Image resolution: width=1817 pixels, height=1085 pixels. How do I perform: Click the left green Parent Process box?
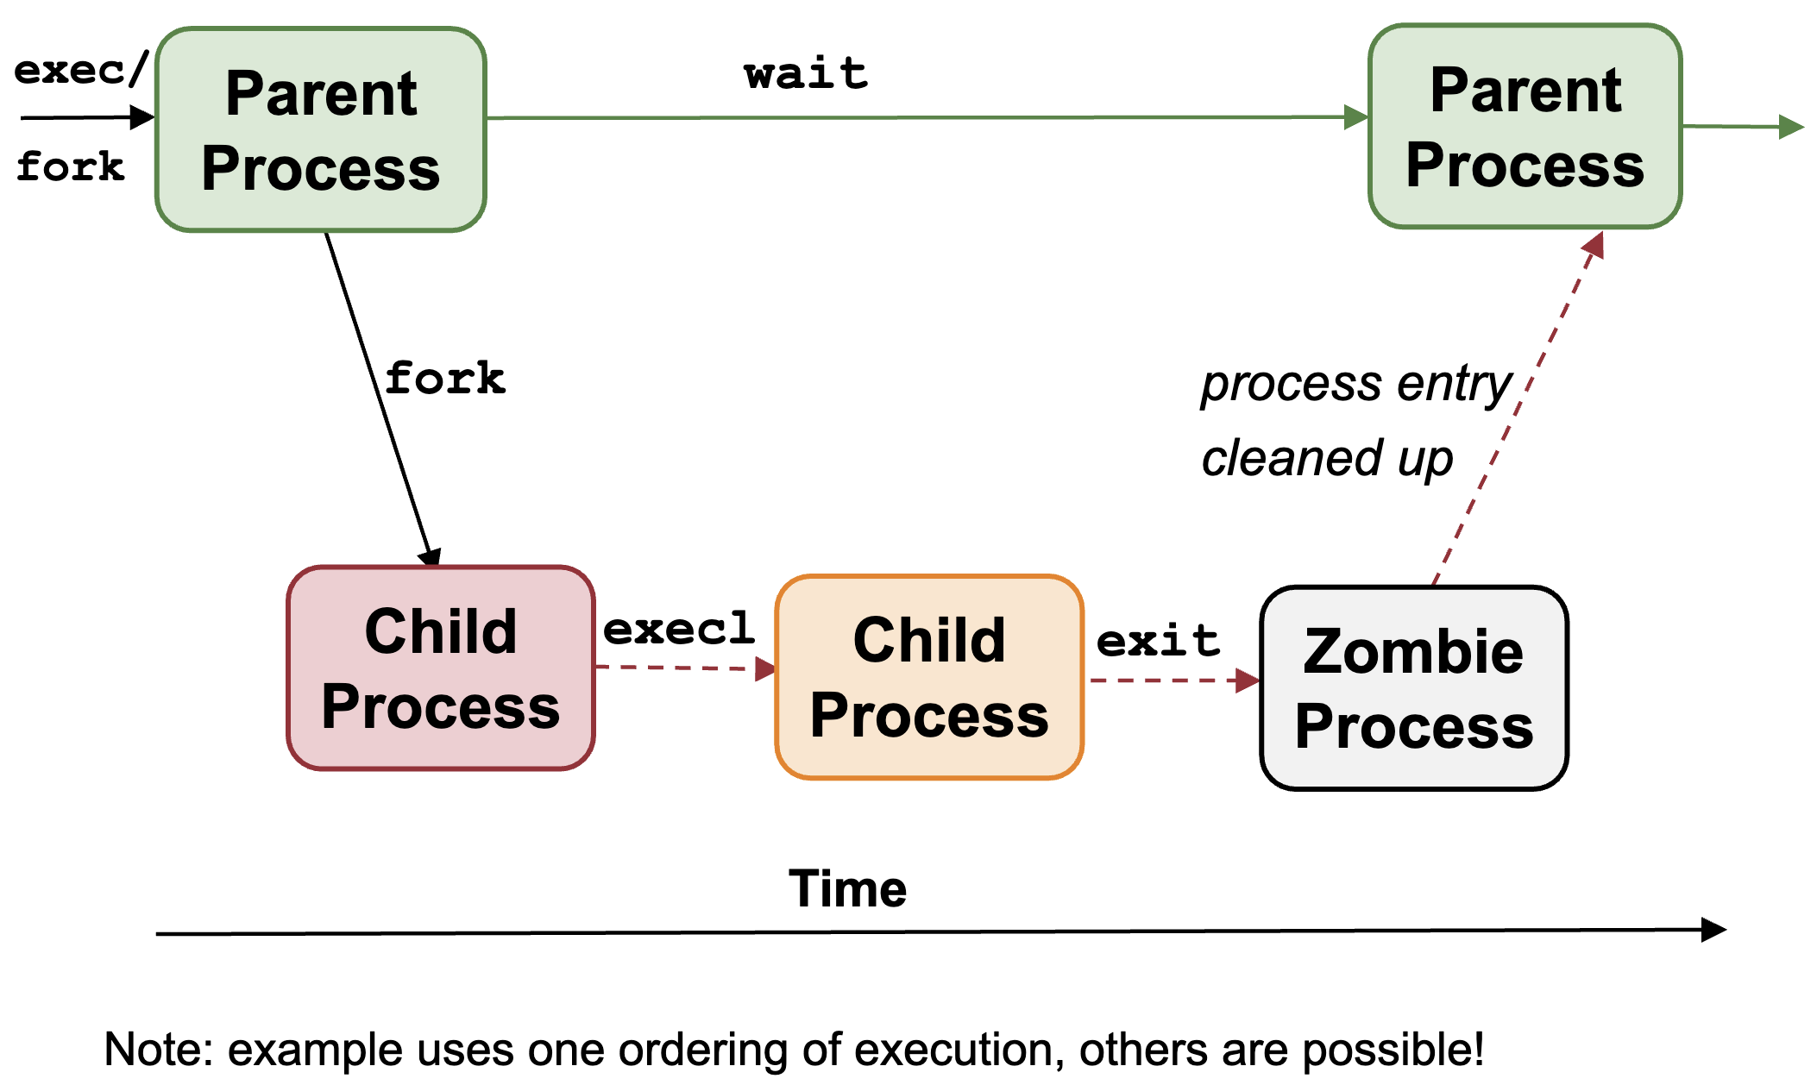pos(321,130)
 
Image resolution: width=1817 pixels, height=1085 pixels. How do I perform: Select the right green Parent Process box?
pos(1525,127)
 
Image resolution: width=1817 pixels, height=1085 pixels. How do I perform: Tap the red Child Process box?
pos(441,668)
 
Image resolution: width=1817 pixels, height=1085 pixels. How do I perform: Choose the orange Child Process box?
pos(929,678)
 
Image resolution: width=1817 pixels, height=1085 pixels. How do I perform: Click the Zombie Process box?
pos(1414,688)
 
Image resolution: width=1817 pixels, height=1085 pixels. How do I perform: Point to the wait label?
pos(806,73)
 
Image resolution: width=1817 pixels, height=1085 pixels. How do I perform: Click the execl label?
pos(679,628)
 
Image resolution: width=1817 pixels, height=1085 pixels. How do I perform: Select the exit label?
pos(1158,641)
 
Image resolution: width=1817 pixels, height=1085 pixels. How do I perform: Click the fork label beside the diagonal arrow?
pos(445,378)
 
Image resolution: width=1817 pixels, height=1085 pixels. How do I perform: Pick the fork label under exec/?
pos(71,166)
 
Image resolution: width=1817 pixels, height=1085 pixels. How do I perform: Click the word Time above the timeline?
pos(848,888)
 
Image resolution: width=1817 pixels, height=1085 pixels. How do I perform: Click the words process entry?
pos(1356,384)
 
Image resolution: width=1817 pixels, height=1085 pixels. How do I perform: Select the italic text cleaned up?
pos(1327,458)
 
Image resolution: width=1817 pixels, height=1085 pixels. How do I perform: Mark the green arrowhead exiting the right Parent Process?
pos(1791,127)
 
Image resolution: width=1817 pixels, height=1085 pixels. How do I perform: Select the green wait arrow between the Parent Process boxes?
pos(927,117)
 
